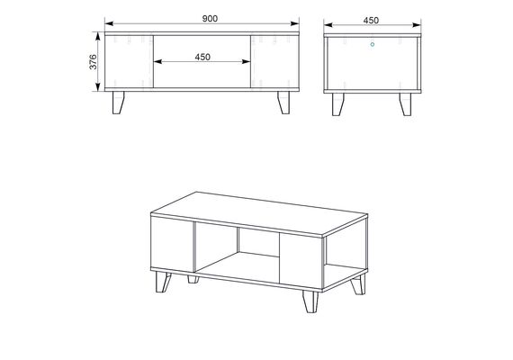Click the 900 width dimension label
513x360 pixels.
click(210, 19)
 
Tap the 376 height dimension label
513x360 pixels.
click(94, 61)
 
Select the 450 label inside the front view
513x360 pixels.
click(202, 57)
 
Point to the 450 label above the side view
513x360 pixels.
click(371, 21)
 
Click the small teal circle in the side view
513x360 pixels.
click(373, 44)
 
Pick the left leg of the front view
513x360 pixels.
click(118, 103)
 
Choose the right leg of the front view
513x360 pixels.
click(284, 103)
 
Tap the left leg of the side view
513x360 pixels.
click(338, 104)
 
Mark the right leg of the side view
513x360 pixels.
click(405, 104)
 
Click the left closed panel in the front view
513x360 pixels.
click(129, 61)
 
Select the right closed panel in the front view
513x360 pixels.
click(274, 61)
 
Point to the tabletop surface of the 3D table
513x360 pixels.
click(259, 213)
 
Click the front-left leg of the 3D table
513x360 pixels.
click(163, 282)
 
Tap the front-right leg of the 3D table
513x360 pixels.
click(310, 301)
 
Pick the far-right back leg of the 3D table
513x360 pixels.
click(358, 284)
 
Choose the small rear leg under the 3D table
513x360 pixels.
click(193, 279)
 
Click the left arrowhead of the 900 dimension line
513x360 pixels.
click(109, 23)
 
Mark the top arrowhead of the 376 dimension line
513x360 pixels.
click(97, 36)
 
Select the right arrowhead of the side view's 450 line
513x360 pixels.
click(417, 25)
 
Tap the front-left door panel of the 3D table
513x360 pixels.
click(173, 244)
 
